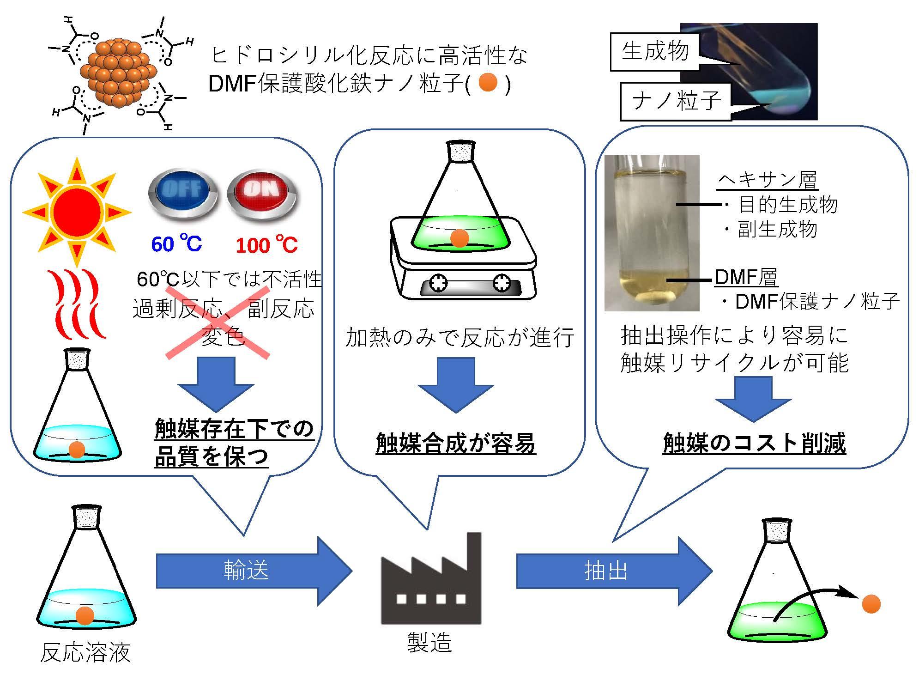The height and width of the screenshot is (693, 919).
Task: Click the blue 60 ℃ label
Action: [x=177, y=244]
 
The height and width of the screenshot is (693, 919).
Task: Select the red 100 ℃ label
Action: [x=266, y=245]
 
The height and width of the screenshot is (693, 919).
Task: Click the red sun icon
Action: [x=77, y=212]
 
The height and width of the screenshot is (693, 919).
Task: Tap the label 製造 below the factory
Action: [x=429, y=643]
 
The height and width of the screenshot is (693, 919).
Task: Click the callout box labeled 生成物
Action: [x=655, y=51]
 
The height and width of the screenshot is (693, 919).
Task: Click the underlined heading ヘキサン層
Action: [x=768, y=180]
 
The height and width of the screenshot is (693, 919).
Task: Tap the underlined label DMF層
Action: [x=746, y=277]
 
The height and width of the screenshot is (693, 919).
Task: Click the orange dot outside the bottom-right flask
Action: [x=871, y=604]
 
